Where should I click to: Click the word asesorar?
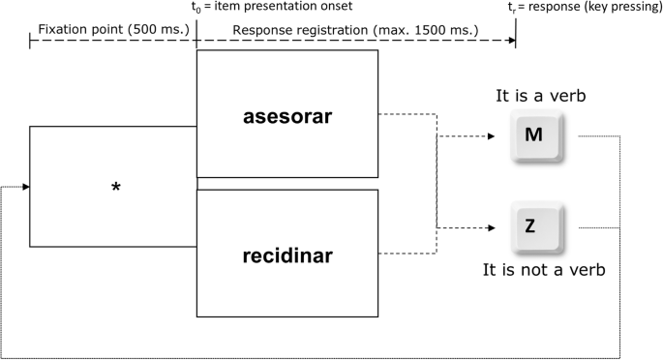[286, 117]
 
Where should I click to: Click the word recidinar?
[286, 257]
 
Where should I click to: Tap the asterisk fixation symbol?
[116, 188]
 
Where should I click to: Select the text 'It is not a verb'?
[544, 270]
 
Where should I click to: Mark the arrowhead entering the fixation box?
[24, 187]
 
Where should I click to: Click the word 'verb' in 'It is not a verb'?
[587, 270]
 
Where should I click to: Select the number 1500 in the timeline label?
[431, 30]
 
